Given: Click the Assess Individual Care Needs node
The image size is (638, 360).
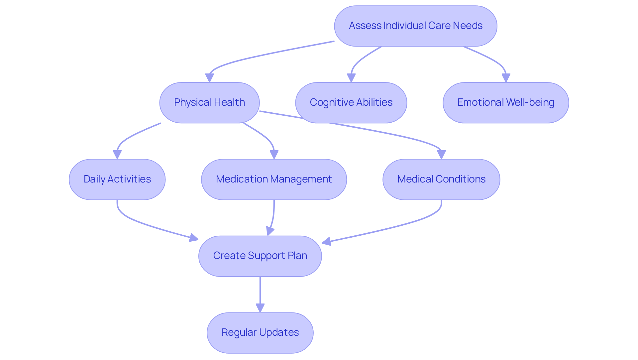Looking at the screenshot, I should (415, 26).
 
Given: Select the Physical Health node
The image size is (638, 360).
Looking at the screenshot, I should (209, 103).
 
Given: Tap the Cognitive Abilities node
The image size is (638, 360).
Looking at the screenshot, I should (351, 103).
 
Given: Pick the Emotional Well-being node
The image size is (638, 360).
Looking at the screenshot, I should (505, 103).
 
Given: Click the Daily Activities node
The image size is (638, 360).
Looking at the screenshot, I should (117, 180).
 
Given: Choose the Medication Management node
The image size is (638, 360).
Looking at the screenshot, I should (274, 180).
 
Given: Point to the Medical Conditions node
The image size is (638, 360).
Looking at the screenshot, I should (441, 180).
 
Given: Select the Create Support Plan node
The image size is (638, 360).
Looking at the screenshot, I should (260, 256).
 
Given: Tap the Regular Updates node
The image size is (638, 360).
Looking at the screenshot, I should (260, 333).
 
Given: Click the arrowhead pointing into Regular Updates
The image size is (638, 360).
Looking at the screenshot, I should (260, 307).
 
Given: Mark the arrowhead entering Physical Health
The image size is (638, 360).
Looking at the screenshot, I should (209, 78).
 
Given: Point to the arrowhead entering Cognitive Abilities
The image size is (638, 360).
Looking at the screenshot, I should (351, 78).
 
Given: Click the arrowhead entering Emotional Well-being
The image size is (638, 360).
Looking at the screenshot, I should (506, 78).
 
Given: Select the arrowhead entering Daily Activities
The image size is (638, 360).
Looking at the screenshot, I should (117, 155).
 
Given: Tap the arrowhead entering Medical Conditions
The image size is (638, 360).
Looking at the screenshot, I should (441, 155).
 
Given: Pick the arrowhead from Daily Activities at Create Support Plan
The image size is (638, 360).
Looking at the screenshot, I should (193, 238).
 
